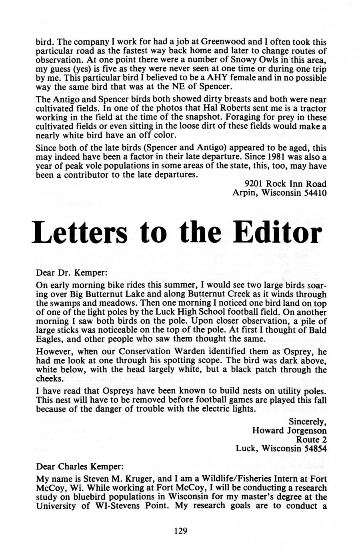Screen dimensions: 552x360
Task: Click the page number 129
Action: click(x=181, y=531)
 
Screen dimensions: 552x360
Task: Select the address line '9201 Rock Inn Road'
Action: click(x=285, y=184)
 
